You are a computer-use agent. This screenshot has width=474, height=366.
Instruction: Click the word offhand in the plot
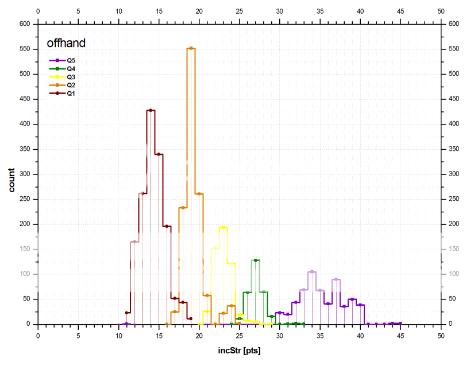coord(66,42)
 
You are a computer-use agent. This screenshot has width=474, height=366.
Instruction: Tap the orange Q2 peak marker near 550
coord(191,49)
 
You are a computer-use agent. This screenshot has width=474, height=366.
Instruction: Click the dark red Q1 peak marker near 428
coord(151,110)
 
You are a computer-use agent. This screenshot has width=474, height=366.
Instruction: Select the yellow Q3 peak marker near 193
coord(223,227)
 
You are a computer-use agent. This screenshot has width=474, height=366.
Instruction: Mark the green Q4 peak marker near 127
coord(256,260)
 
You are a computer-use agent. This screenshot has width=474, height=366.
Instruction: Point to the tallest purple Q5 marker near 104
coord(312,272)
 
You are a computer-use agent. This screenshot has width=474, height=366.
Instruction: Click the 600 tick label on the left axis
coord(25,24)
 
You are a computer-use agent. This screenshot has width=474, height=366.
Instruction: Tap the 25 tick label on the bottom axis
coord(240,336)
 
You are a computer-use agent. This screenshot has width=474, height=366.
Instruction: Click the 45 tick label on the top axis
coord(400,11)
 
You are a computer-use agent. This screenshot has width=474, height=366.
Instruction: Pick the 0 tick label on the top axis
coord(38,11)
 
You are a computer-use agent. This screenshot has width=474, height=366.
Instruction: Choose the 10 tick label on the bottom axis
coord(118,336)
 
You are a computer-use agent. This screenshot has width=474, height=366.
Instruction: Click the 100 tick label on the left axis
coord(25,274)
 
